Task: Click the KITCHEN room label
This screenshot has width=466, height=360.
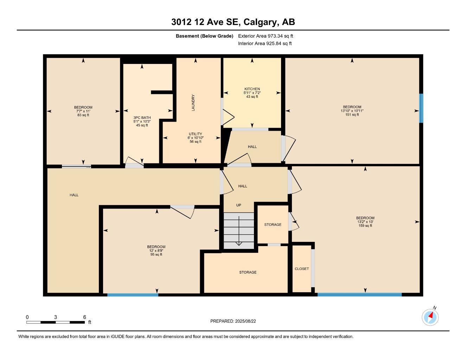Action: (x=252, y=89)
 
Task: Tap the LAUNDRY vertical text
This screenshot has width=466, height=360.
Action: (x=193, y=103)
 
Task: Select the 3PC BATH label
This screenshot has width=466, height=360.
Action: (x=142, y=117)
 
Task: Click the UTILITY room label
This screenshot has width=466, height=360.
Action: (x=195, y=134)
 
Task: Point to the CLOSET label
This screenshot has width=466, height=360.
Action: (x=302, y=269)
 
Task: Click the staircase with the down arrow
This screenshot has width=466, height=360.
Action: (x=239, y=231)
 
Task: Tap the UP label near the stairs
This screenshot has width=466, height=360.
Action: (x=238, y=205)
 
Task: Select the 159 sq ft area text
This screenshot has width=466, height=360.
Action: (x=365, y=226)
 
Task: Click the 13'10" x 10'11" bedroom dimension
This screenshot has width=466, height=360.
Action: (x=352, y=111)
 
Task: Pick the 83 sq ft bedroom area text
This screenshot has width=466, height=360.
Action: (x=83, y=115)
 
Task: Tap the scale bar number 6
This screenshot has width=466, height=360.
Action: (x=84, y=317)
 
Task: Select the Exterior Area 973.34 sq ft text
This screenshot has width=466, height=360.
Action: (x=266, y=36)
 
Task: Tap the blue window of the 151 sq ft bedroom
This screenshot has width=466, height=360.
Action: (x=421, y=108)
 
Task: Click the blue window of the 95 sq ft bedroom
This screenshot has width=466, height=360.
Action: (x=133, y=295)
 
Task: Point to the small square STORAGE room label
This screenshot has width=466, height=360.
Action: (x=273, y=224)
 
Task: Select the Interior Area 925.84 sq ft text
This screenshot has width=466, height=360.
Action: (x=265, y=44)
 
